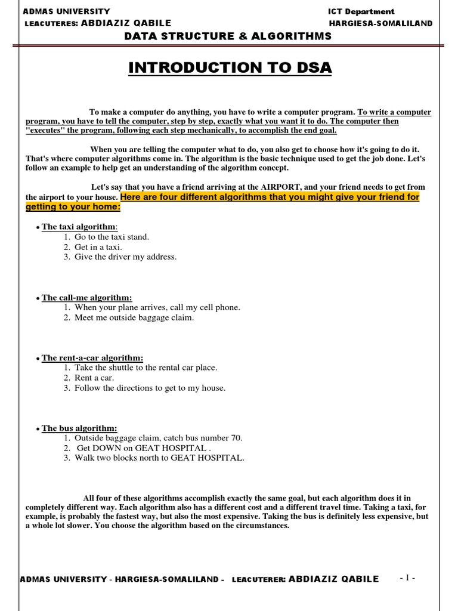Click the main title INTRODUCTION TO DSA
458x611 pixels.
coord(230,68)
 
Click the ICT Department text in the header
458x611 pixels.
coord(361,11)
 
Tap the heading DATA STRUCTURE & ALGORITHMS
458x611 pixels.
coord(227,36)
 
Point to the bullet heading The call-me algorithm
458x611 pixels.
coord(86,297)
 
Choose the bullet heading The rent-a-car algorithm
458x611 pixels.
coord(92,358)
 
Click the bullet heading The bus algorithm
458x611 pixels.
coord(79,428)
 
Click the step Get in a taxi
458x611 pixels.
coord(98,246)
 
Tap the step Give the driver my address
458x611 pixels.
coord(125,257)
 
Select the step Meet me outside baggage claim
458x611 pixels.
coord(134,317)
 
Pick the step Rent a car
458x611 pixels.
coord(94,378)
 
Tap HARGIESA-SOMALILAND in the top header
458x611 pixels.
coord(380,23)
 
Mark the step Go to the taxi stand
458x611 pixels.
coord(112,237)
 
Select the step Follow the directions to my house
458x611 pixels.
coord(150,388)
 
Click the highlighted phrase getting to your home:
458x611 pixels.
coord(73,206)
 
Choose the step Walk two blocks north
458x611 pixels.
coord(159,458)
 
